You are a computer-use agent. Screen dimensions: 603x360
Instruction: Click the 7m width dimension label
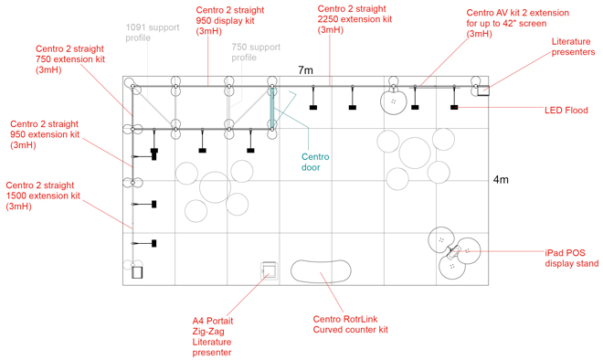coord(305,70)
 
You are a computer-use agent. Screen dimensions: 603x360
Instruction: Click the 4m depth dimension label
coord(501,180)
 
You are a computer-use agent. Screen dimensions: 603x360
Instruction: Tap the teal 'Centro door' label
coord(315,162)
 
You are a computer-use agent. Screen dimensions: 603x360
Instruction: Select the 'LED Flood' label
coord(566,111)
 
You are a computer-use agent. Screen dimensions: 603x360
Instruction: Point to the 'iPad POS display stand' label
coord(571,258)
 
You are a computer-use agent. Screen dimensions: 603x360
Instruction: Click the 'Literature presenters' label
coord(573,47)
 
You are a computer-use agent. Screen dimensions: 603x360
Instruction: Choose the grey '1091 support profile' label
coord(153,33)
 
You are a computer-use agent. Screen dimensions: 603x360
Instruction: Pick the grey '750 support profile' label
coord(256,52)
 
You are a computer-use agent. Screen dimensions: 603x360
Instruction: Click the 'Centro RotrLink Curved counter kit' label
coord(350,324)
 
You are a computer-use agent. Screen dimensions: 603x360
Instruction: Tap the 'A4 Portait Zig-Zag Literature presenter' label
coord(213,336)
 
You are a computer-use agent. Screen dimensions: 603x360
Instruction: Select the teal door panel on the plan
coord(272,108)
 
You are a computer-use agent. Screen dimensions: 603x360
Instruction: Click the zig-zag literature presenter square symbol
coord(269,270)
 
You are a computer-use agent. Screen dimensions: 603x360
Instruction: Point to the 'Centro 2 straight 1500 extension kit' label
coord(43,196)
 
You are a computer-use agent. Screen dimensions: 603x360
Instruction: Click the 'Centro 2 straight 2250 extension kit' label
coord(354,19)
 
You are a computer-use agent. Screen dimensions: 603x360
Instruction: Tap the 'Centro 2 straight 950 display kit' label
coord(230,20)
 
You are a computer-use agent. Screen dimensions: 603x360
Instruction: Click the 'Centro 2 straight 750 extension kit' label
coord(70,59)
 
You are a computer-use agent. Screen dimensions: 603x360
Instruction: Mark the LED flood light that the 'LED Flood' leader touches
coord(454,107)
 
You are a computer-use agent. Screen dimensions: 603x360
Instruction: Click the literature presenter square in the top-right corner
coord(483,90)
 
